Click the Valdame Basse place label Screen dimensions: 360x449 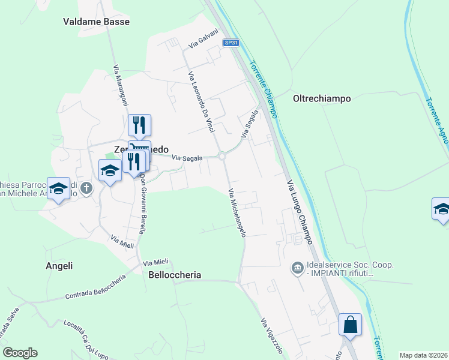(x=96, y=22)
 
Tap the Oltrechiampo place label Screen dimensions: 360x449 (x=322, y=98)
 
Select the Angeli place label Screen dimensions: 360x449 (x=59, y=266)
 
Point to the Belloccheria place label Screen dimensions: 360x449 (x=175, y=275)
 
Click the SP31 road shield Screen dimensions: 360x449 (x=231, y=43)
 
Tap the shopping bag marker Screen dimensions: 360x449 (x=350, y=325)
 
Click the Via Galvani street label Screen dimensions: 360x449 (x=202, y=40)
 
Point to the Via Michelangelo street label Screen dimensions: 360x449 (x=237, y=213)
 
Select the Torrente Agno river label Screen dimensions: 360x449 (x=437, y=121)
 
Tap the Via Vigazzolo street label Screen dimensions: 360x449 (x=271, y=337)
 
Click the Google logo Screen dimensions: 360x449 (x=20, y=353)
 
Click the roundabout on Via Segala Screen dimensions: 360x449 (x=223, y=157)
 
